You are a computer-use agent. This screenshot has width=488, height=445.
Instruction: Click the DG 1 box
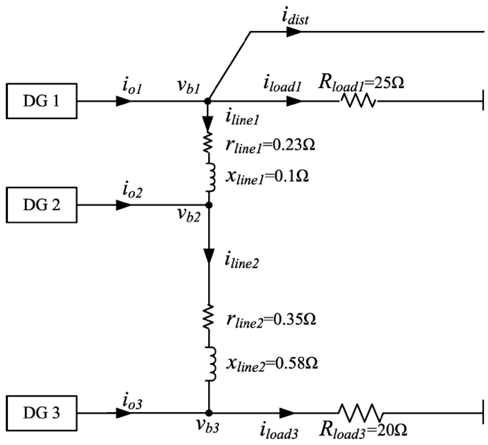(x=41, y=101)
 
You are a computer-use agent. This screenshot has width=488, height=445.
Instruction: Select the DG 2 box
(x=41, y=205)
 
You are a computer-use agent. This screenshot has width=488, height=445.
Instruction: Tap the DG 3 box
(x=41, y=413)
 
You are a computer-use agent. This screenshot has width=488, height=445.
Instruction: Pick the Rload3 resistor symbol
(x=360, y=413)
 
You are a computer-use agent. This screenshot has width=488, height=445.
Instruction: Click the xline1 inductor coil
(x=211, y=177)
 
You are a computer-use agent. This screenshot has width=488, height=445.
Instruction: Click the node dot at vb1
(x=208, y=101)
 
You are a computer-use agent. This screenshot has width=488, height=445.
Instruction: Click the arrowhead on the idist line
(x=294, y=32)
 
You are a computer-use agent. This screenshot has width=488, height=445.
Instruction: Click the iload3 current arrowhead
(x=287, y=413)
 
